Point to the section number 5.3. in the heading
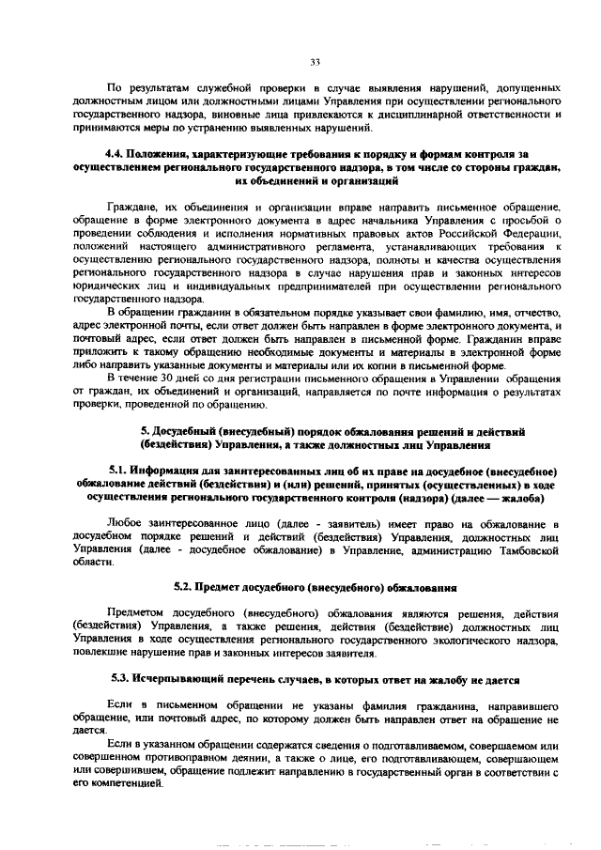click(x=121, y=677)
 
